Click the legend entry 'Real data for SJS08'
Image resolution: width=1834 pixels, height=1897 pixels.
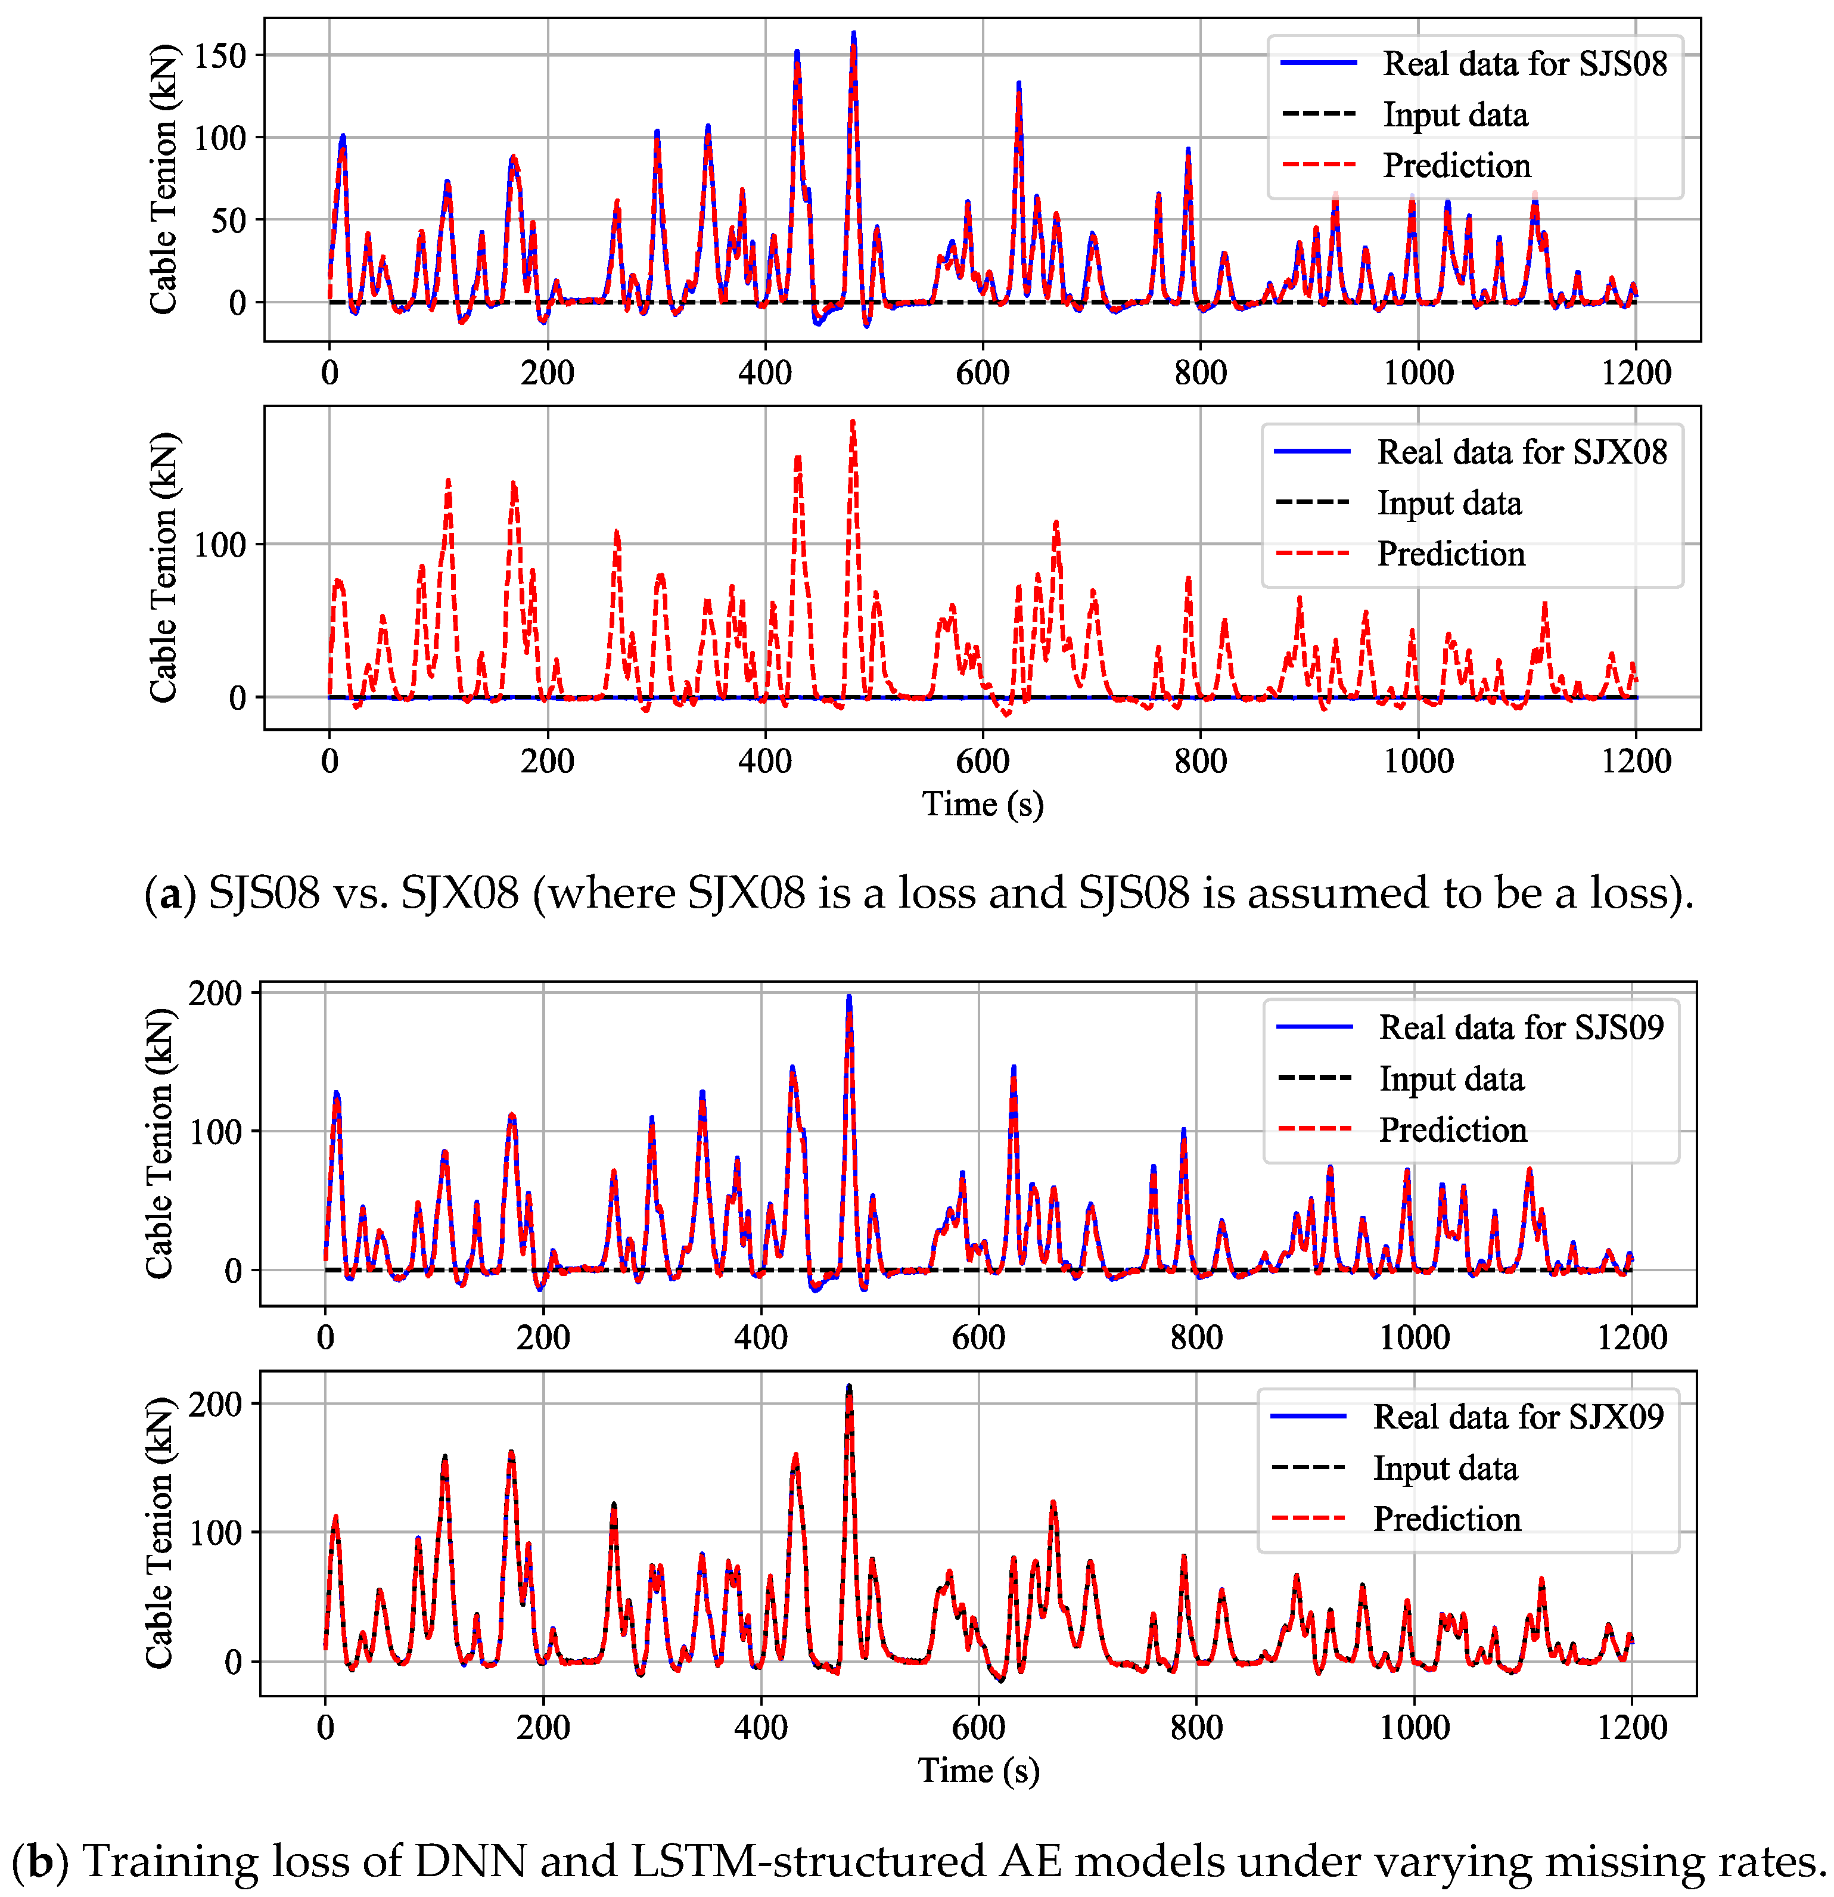pyautogui.click(x=1524, y=64)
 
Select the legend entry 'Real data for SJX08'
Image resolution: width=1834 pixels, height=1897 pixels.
pyautogui.click(x=1521, y=452)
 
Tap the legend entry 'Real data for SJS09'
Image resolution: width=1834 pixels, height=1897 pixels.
pyautogui.click(x=1521, y=1027)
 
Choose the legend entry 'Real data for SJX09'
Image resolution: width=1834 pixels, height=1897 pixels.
pyautogui.click(x=1518, y=1417)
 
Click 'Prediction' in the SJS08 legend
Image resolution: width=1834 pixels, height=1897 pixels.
pyautogui.click(x=1457, y=166)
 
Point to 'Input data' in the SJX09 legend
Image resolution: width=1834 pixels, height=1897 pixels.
pyautogui.click(x=1445, y=1468)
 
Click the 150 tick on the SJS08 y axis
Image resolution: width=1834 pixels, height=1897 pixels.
pyautogui.click(x=220, y=56)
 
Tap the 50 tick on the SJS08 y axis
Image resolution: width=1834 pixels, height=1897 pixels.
pyautogui.click(x=228, y=221)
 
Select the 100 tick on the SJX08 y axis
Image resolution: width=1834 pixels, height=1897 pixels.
pyautogui.click(x=220, y=545)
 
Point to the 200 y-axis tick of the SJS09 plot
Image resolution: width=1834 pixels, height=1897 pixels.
pyautogui.click(x=215, y=993)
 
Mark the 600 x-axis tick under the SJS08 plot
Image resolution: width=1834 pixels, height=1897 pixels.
pyautogui.click(x=983, y=372)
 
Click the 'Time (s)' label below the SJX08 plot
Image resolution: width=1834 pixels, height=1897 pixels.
pyautogui.click(x=983, y=805)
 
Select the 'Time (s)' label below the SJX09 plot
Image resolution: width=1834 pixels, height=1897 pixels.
pyautogui.click(x=978, y=1770)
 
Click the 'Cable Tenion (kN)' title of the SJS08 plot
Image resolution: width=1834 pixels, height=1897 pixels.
pyautogui.click(x=163, y=179)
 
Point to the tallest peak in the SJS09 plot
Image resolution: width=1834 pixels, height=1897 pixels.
pyautogui.click(x=848, y=997)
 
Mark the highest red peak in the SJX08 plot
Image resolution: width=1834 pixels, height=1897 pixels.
pyautogui.click(x=853, y=422)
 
